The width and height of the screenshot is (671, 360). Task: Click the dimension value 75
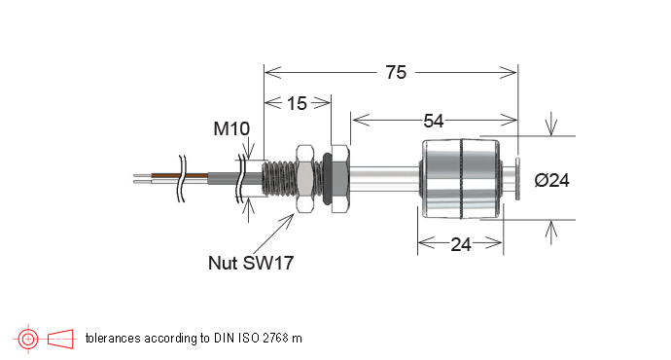[x=396, y=72]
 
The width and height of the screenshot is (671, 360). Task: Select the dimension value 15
[x=297, y=103]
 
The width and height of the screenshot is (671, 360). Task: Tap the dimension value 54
[x=434, y=122]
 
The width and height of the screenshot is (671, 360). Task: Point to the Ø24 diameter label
[x=551, y=180]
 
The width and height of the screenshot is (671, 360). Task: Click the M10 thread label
[x=231, y=128]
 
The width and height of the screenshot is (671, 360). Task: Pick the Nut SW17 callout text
[x=251, y=263]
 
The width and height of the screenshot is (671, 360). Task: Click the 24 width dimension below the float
[x=461, y=245]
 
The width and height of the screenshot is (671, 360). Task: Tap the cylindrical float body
[x=461, y=179]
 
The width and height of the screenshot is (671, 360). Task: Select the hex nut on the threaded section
[x=305, y=179]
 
